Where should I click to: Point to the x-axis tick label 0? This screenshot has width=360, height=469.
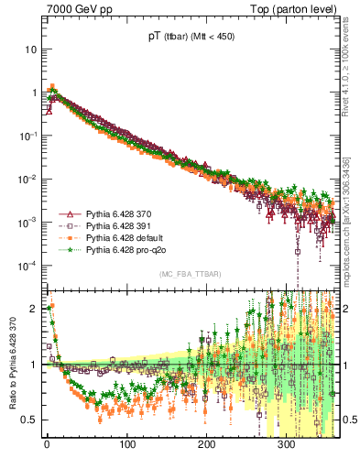point(47,445)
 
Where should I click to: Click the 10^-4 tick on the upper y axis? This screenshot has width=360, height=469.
point(27,267)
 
